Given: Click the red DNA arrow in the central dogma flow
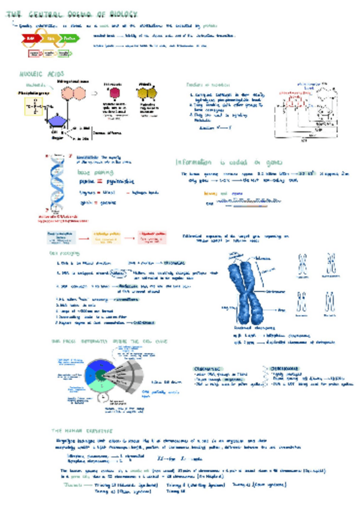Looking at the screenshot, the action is coord(29,38).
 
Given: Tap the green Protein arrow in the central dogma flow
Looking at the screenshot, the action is coord(70,38).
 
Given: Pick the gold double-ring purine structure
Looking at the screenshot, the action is coord(146,94).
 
